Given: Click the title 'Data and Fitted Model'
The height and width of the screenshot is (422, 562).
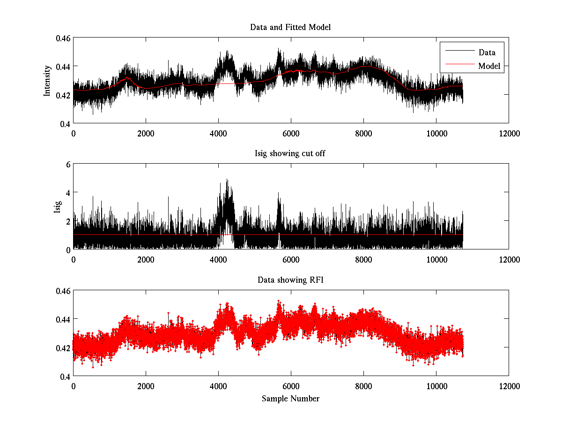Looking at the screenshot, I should (290, 27).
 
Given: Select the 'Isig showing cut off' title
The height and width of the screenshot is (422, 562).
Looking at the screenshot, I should (290, 154).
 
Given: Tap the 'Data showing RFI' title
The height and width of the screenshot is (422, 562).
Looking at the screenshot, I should (290, 280).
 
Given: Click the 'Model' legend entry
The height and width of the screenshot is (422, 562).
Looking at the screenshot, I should (489, 66).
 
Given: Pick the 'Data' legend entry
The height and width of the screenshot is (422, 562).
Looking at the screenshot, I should (487, 52).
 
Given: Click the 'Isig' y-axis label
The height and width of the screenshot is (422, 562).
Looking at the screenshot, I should (57, 207).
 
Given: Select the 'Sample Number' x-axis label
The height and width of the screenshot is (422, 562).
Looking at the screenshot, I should (290, 399).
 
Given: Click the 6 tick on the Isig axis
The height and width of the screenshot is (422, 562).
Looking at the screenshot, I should (68, 165).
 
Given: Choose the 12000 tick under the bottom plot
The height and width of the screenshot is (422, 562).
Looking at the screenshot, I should (509, 385).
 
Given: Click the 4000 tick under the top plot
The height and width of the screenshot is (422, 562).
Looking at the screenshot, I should (218, 133).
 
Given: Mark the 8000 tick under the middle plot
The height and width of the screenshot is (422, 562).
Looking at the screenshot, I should (363, 259).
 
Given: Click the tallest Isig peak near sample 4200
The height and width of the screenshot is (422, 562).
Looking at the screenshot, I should (227, 180).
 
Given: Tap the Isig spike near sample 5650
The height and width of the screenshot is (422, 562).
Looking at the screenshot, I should (278, 193).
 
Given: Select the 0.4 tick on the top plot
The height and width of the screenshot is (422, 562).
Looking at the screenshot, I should (65, 123).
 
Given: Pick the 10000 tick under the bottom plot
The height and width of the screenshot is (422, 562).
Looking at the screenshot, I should (436, 385).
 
